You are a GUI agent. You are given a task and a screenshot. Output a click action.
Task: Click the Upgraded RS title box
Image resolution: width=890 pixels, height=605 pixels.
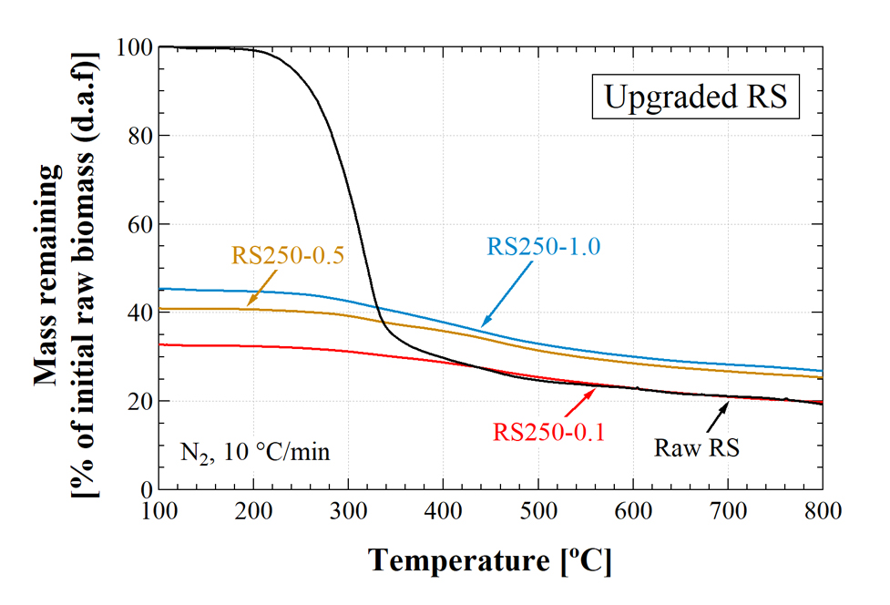click(696, 97)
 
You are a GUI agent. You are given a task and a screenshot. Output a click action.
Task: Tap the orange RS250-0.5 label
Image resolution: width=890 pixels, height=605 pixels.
click(287, 255)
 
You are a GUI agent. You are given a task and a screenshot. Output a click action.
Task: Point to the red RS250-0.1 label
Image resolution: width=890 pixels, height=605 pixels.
click(549, 430)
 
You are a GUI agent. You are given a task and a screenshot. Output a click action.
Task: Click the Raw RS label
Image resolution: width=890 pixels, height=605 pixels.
click(696, 447)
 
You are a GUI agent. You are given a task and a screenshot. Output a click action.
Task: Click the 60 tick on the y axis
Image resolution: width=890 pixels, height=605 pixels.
click(135, 224)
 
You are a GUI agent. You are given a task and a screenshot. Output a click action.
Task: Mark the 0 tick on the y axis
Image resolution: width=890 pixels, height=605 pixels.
click(142, 490)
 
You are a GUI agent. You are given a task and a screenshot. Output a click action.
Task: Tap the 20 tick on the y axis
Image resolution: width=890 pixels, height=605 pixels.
click(135, 402)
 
